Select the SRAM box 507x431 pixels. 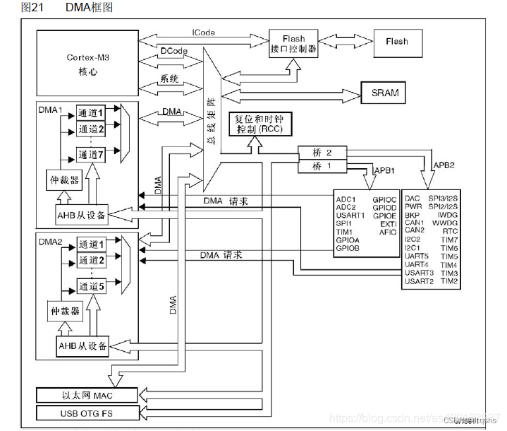384,93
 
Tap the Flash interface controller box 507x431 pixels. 293,45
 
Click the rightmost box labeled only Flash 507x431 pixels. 396,42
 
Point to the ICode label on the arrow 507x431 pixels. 204,33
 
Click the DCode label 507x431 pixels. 173,51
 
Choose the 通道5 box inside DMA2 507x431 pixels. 91,286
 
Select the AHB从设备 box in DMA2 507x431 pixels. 82,346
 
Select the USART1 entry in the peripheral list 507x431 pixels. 350,215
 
